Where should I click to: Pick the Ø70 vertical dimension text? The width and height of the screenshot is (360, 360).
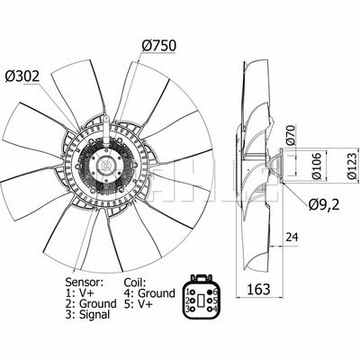coord(290,135)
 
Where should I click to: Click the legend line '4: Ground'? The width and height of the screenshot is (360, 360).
coord(150,292)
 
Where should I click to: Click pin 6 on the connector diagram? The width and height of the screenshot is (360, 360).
coord(213,292)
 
